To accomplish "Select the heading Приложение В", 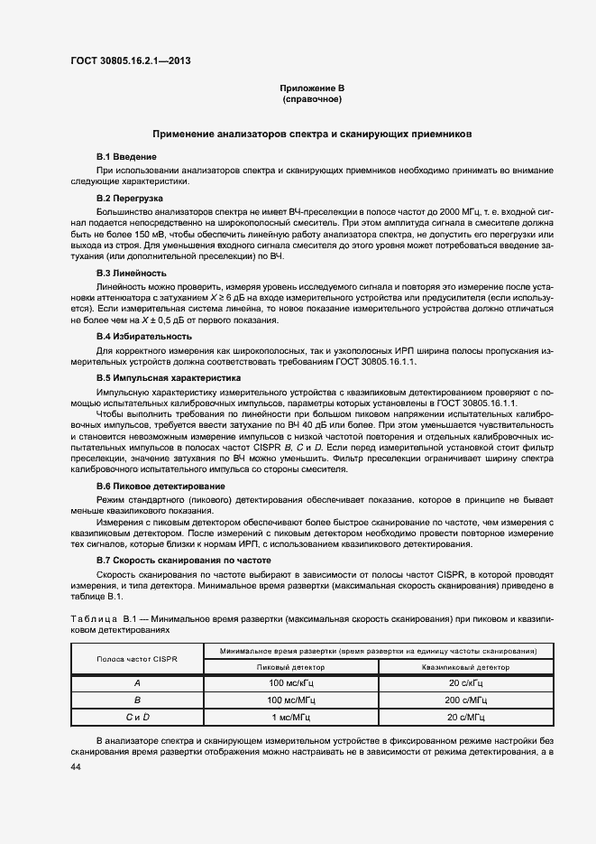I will pyautogui.click(x=312, y=88).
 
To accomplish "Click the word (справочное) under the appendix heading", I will pyautogui.click(x=312, y=99).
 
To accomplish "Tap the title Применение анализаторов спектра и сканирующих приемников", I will pyautogui.click(x=312, y=134).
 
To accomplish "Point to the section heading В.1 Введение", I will pyautogui.click(x=126, y=157).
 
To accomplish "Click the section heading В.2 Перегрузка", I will pyautogui.click(x=130, y=197).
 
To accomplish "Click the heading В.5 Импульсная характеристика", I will pyautogui.click(x=157, y=378).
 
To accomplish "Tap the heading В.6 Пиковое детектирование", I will pyautogui.click(x=149, y=486).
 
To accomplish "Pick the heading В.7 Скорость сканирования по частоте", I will pyautogui.click(x=170, y=561).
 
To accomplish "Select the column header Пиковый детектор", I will pyautogui.click(x=291, y=667).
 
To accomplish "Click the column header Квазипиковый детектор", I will pyautogui.click(x=466, y=667).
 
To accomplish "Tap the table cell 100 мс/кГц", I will pyautogui.click(x=291, y=683).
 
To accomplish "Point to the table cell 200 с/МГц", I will pyautogui.click(x=466, y=700).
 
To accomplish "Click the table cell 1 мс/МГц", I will pyautogui.click(x=291, y=716).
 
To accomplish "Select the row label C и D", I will pyautogui.click(x=137, y=716).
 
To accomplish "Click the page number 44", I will pyautogui.click(x=76, y=766).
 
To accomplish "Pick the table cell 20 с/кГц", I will pyautogui.click(x=466, y=683).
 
